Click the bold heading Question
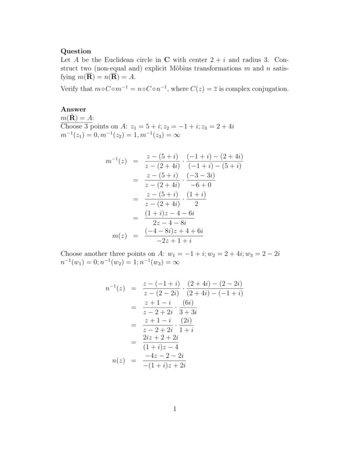tap(76, 51)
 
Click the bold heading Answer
tap(74, 109)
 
